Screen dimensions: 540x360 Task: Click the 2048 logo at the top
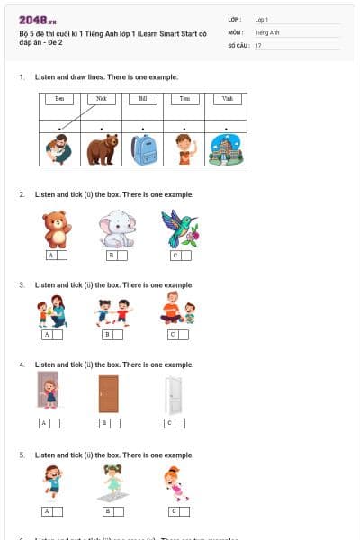point(37,19)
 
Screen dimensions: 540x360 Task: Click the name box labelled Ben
point(59,99)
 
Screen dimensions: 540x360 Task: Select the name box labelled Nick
point(101,99)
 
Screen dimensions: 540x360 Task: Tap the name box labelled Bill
point(143,99)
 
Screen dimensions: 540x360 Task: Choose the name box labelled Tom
point(184,99)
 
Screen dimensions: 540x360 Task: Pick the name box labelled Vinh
point(226,99)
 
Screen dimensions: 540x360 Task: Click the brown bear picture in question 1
point(102,149)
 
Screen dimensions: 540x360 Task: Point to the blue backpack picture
point(143,149)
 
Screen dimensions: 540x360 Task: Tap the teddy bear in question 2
point(57,229)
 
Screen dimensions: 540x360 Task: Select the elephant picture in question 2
point(116,229)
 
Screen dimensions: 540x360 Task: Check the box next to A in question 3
point(58,335)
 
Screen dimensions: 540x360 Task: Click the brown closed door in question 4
point(109,393)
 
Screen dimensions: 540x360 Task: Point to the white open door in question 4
point(173,394)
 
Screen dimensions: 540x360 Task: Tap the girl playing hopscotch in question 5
point(112,483)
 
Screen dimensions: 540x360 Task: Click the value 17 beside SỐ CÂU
point(259,45)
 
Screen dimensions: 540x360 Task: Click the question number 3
point(22,284)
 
